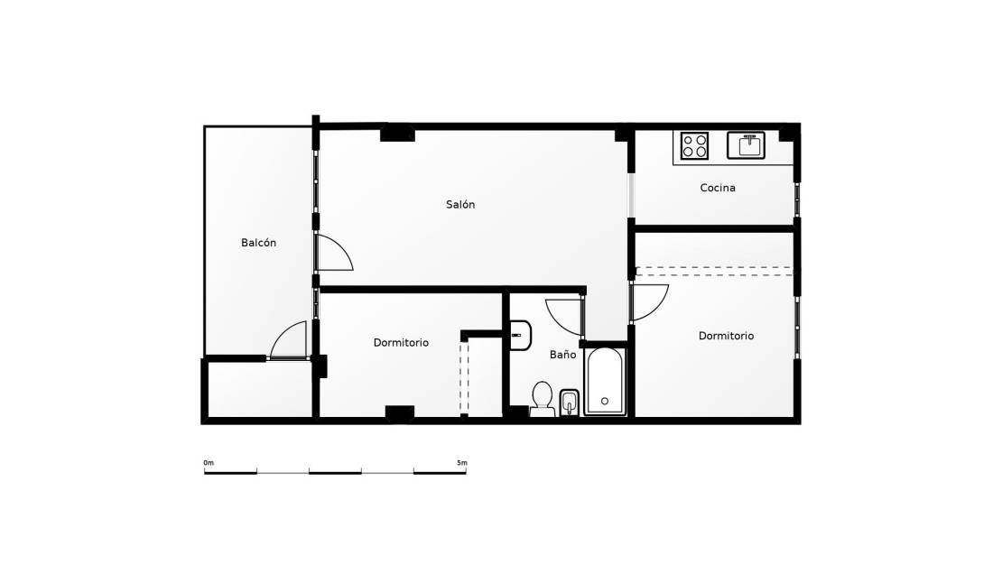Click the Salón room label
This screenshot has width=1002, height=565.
(x=460, y=205)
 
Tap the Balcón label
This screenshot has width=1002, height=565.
(x=259, y=243)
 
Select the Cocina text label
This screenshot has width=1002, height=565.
(x=718, y=188)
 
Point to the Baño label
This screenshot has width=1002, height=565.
(x=563, y=355)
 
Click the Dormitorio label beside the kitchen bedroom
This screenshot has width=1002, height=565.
(x=726, y=336)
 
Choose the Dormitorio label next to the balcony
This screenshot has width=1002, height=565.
(x=402, y=343)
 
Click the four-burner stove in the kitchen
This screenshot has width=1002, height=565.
(x=694, y=145)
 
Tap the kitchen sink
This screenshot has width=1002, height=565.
(x=746, y=145)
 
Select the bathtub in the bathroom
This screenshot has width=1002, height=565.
(x=605, y=381)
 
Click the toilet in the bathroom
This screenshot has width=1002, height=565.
(x=543, y=399)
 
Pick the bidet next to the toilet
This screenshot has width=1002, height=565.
(x=569, y=403)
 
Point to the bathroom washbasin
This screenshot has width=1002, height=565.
(x=520, y=336)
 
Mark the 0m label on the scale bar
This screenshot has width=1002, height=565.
(x=209, y=463)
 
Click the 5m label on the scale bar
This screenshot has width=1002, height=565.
(x=462, y=463)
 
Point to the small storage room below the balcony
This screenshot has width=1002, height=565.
(x=259, y=389)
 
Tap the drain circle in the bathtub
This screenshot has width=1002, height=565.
(x=605, y=402)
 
